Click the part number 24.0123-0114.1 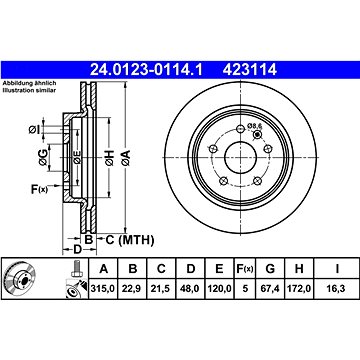click(x=147, y=70)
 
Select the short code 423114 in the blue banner click(x=250, y=70)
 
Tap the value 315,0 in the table click(x=103, y=289)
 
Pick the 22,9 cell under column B click(x=133, y=289)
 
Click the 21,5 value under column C click(x=161, y=289)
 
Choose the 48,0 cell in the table click(x=190, y=289)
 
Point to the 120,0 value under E click(x=219, y=289)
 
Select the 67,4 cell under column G click(x=270, y=289)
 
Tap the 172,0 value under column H click(x=299, y=289)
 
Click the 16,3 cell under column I click(x=337, y=289)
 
